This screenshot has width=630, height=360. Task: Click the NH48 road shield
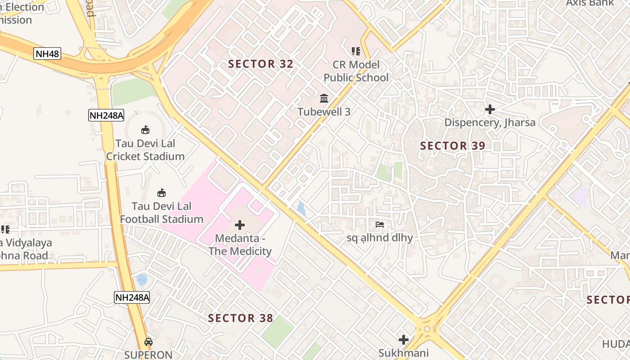pos(47,54)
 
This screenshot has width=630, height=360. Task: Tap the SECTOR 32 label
pos(261,64)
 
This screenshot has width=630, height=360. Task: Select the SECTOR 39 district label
pos(453,145)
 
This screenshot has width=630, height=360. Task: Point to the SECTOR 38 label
pos(240,318)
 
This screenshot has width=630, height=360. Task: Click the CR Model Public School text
pos(356,71)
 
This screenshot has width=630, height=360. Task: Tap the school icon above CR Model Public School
pos(356,51)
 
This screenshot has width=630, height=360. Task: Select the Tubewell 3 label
pos(324,112)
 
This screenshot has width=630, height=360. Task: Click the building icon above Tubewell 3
pos(324,98)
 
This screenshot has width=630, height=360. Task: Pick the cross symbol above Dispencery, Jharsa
pos(490,109)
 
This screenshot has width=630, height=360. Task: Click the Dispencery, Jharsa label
pos(490,122)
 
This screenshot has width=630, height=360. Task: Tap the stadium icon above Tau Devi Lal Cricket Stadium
pos(145,130)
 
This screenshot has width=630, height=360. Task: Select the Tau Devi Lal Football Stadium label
pos(162,213)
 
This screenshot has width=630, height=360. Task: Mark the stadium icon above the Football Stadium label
pos(162,193)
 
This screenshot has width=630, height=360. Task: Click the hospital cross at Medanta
pos(240,225)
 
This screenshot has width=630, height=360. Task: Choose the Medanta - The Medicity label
pos(240,245)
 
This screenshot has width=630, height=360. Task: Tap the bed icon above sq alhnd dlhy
pos(380,224)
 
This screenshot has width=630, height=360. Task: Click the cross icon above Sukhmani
pos(404,339)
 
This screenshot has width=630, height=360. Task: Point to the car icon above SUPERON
pos(148,342)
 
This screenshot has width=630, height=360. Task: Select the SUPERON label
pos(148,355)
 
